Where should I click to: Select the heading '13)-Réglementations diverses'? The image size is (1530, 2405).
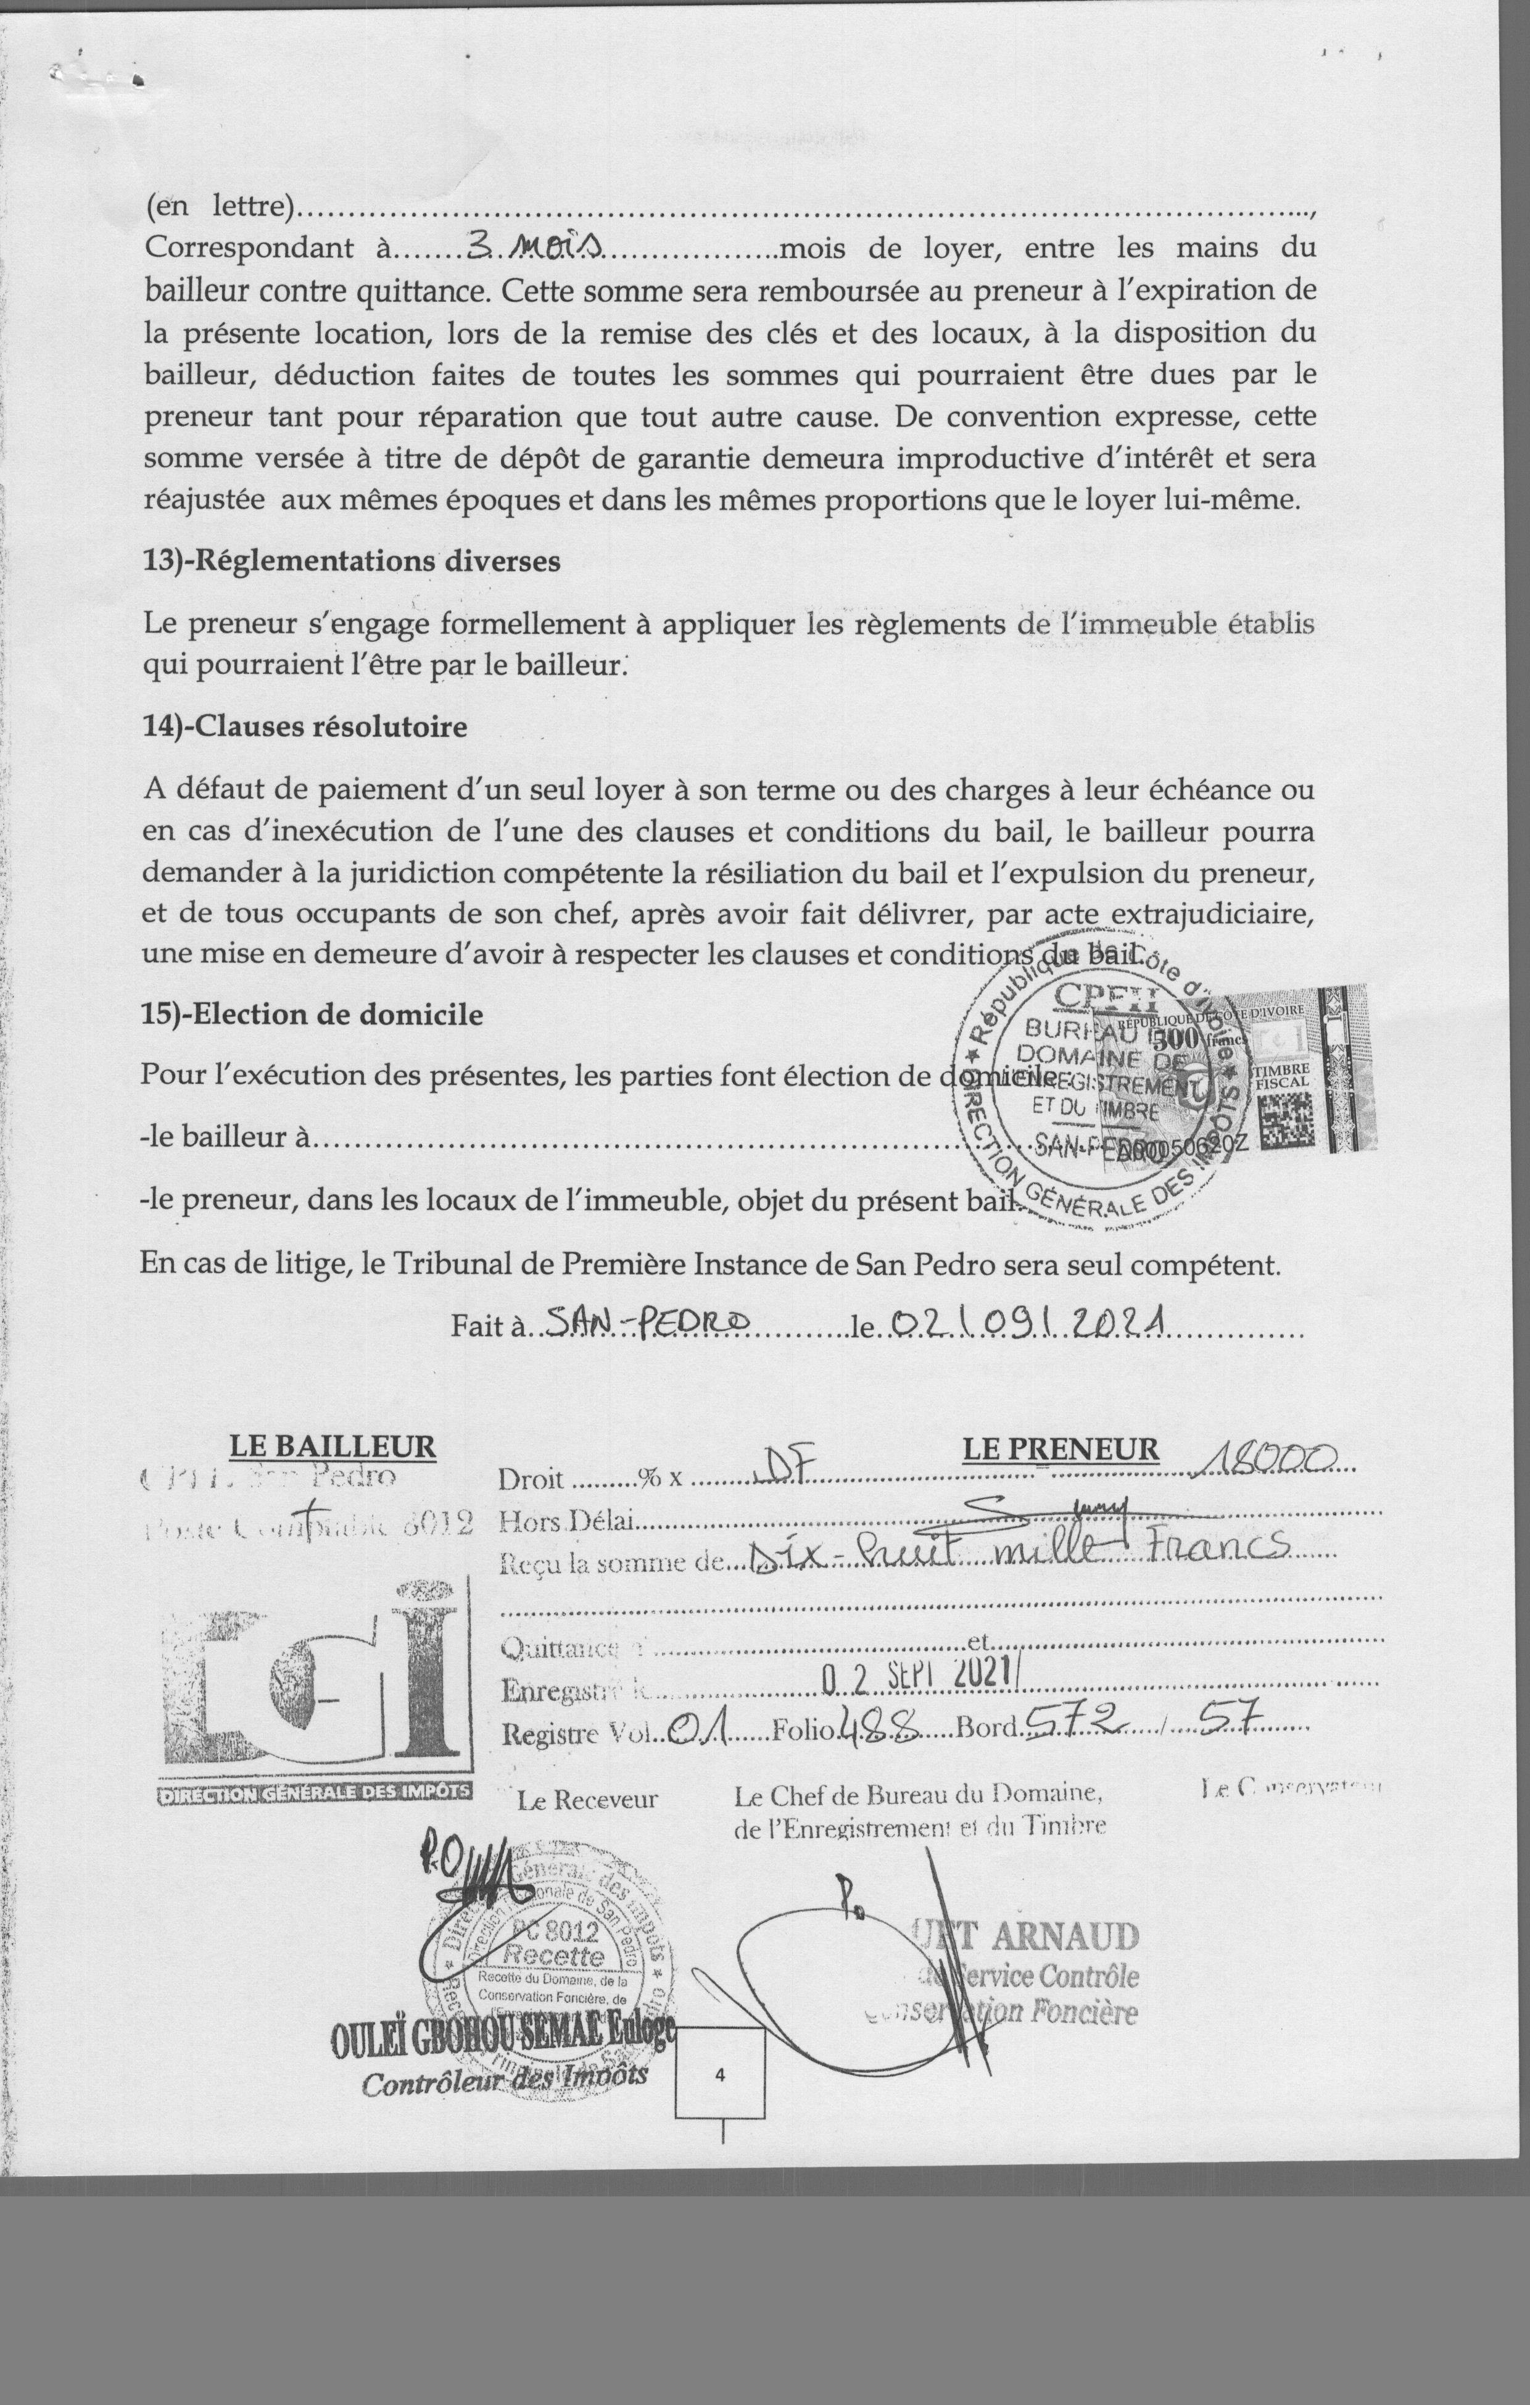coord(352,562)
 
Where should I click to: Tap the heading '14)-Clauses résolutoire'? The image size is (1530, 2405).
coord(305,726)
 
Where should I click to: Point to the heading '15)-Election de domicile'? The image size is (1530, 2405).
coord(313,1015)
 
